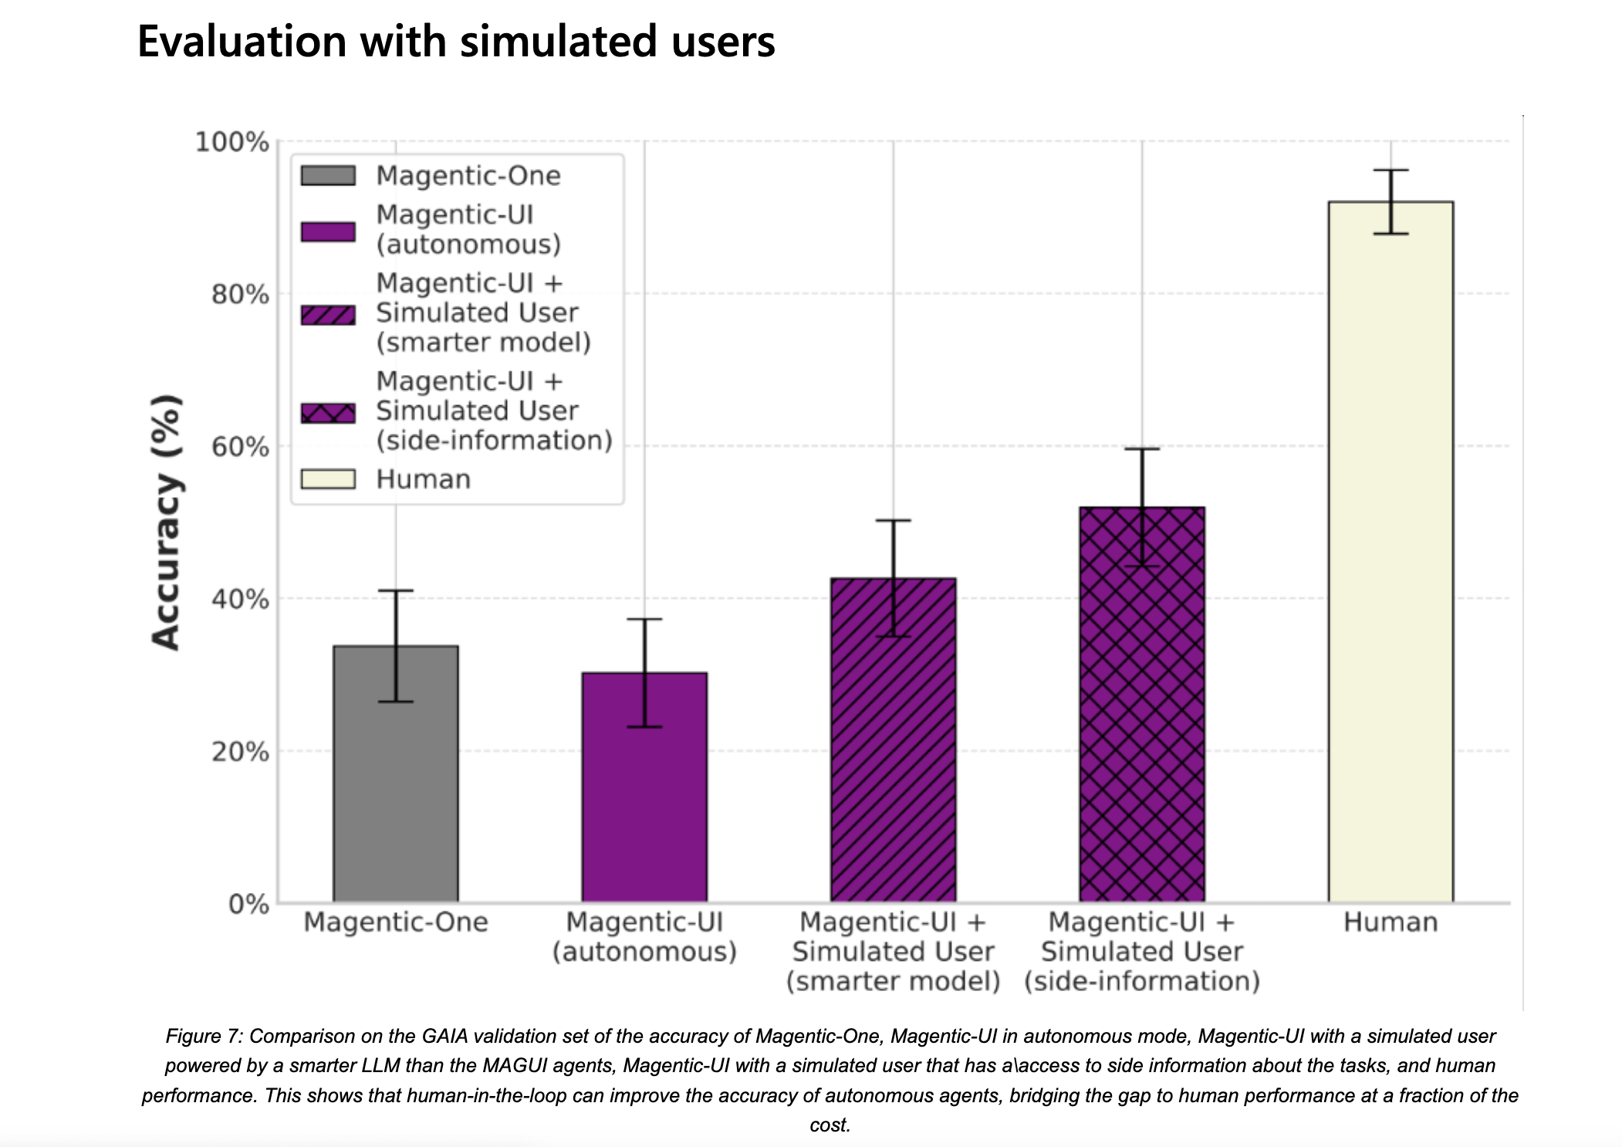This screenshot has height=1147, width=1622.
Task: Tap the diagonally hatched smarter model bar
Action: click(893, 741)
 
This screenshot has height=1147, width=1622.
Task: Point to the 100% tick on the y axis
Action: click(231, 142)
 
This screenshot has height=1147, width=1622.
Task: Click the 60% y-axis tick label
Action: click(240, 447)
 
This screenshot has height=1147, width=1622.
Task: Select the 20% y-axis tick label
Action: click(240, 752)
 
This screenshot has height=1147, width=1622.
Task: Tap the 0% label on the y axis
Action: click(248, 904)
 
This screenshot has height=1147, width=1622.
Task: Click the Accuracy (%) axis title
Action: click(166, 522)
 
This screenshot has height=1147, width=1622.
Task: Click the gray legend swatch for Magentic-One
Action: click(328, 176)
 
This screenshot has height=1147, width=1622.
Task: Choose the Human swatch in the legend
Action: click(328, 479)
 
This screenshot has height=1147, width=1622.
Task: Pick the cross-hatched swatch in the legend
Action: click(328, 413)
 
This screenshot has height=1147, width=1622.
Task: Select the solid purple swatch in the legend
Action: click(328, 232)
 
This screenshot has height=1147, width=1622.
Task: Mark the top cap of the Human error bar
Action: click(1391, 170)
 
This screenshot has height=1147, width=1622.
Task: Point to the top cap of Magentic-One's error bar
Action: click(396, 591)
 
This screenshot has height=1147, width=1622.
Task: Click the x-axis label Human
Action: click(1391, 922)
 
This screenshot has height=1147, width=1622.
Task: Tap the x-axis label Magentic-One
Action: click(396, 922)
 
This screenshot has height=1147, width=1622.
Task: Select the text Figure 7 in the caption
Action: click(203, 1036)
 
